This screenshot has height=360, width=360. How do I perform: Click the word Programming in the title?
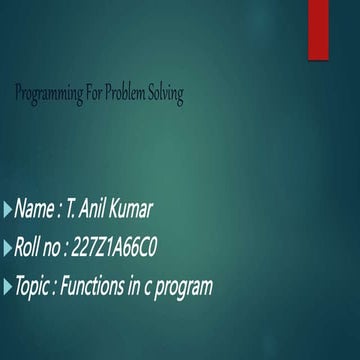[x=51, y=94]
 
